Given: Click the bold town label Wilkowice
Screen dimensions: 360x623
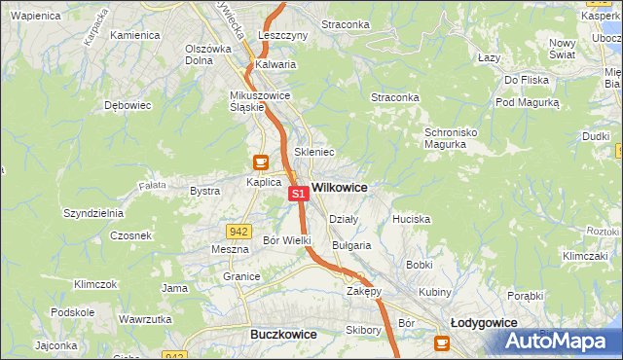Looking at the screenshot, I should click(339, 186).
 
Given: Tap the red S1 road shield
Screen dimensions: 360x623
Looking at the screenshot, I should click(299, 195).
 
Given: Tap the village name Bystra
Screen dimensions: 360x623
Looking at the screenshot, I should click(204, 191).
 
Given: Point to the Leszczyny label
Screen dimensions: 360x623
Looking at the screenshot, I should click(283, 35).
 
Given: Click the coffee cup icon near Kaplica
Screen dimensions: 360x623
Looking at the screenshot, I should click(260, 162).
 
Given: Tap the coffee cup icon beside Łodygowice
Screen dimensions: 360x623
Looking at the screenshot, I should click(443, 342).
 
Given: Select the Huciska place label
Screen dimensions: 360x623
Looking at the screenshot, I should click(411, 219).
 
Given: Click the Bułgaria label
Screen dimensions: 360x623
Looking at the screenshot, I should click(351, 245).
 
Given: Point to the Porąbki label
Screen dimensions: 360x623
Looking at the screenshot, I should click(525, 296).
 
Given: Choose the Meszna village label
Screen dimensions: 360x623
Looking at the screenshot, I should click(231, 249).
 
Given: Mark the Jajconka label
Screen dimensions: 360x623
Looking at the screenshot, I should click(55, 345).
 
